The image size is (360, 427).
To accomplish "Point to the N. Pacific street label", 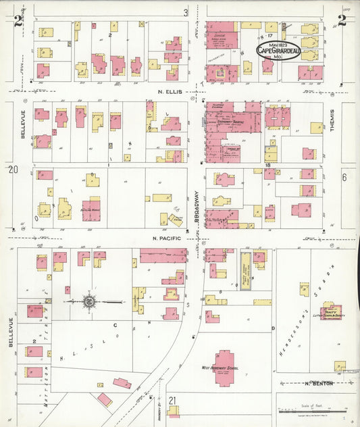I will click(165, 238).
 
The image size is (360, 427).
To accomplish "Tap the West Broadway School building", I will click(224, 368).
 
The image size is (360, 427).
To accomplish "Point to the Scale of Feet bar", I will click(315, 409).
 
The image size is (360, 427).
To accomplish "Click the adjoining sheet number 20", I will click(13, 170).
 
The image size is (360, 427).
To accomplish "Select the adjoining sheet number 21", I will click(174, 400).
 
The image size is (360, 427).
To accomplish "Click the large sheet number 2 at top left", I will click(18, 22).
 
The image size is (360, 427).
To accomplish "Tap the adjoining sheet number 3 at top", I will click(185, 12).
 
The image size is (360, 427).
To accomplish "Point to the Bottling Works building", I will click(91, 209).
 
